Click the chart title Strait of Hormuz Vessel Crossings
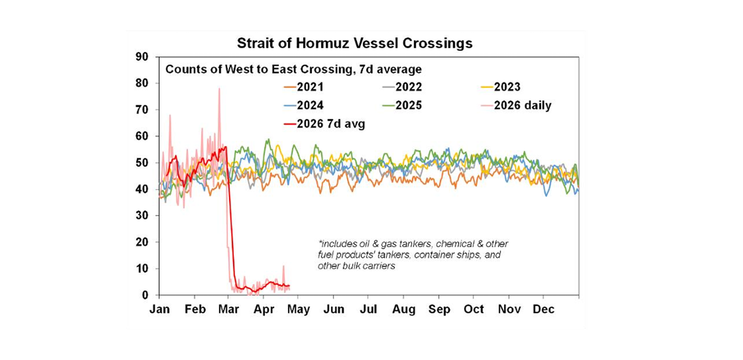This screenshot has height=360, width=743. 354,44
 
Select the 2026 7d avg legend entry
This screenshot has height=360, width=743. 324,124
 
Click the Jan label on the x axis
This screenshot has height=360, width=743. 160,310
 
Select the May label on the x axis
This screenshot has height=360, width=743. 298,310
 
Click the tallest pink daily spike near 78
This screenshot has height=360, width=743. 219,89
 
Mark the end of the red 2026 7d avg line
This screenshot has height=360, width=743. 289,285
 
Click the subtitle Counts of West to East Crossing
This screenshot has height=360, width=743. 293,70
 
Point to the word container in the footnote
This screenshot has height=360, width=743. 441,255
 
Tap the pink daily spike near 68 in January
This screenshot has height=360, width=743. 170,116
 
